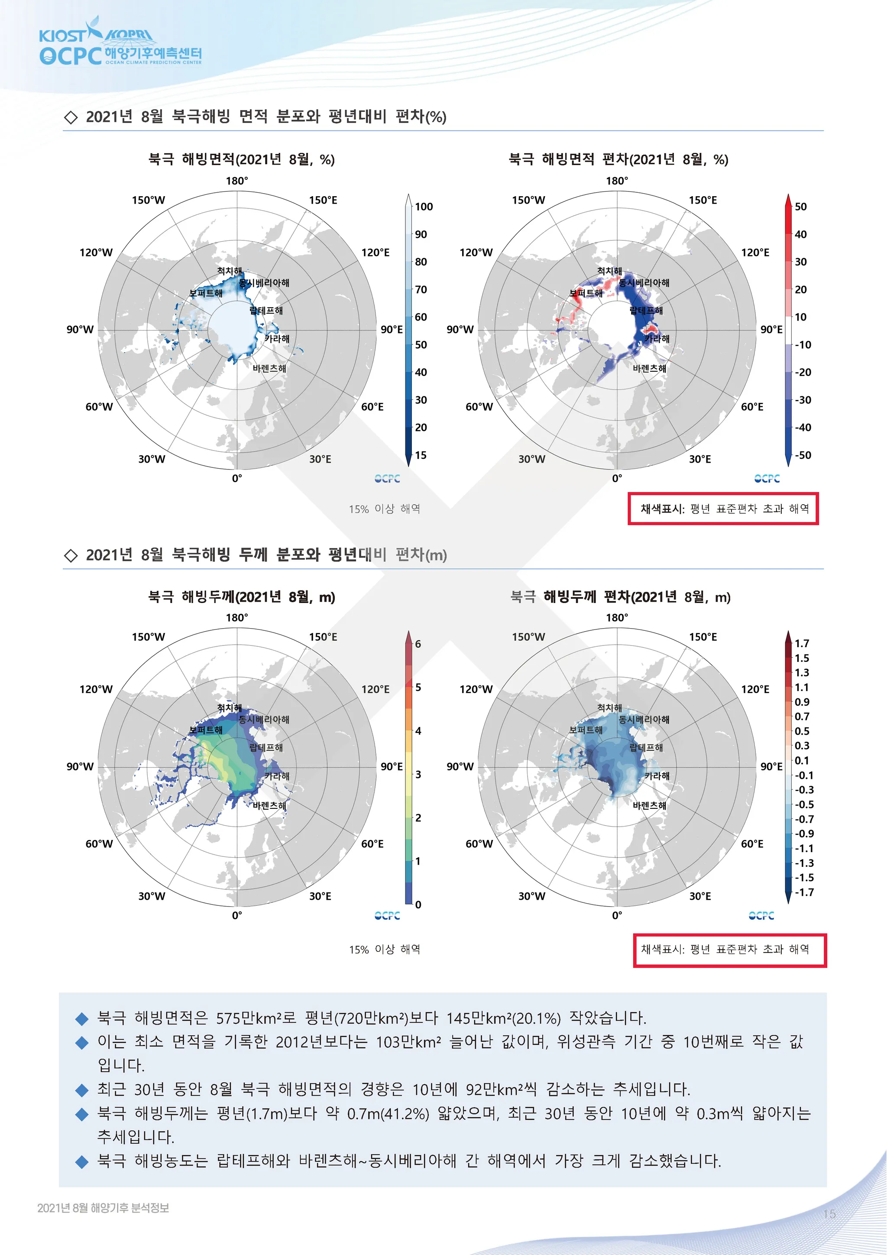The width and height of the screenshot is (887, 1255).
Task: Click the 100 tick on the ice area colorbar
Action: (424, 207)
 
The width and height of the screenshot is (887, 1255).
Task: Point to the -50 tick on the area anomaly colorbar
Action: (802, 455)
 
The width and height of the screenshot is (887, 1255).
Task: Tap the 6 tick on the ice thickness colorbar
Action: (418, 644)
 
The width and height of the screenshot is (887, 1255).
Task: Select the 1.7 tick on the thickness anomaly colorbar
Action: (802, 643)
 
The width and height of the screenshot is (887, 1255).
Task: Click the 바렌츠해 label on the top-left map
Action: (269, 368)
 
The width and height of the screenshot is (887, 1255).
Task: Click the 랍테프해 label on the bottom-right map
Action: (646, 748)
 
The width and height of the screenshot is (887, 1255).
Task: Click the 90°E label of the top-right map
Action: (771, 330)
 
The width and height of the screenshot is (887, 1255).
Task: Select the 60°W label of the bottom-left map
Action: (99, 844)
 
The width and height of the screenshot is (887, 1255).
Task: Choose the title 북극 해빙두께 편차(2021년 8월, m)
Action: (620, 597)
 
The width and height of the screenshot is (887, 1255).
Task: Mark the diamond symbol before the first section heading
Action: (71, 117)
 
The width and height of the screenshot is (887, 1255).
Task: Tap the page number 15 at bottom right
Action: (829, 1215)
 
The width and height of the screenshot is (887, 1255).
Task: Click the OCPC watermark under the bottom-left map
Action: (388, 915)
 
